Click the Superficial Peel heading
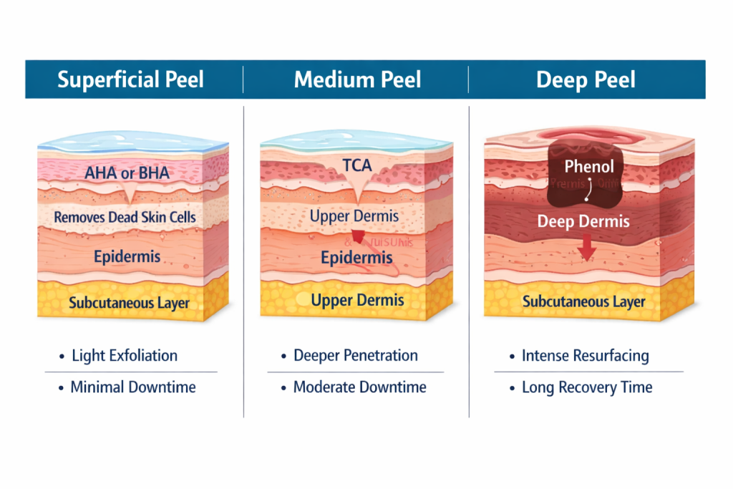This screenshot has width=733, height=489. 130,79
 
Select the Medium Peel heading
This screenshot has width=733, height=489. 357,79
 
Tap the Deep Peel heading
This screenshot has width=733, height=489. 586,79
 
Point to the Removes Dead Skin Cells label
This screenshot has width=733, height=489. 125,217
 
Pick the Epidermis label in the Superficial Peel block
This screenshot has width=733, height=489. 127,256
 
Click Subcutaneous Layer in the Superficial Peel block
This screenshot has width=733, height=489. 129,303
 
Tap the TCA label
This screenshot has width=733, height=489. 356,166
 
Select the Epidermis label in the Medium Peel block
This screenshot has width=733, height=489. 356,258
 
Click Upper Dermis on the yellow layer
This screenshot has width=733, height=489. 357,300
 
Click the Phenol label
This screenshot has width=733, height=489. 589,167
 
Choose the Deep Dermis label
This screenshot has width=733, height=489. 583,221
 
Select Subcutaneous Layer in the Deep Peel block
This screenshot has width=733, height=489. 583,301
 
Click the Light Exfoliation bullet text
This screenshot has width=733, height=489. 125,356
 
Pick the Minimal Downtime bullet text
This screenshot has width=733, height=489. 132,387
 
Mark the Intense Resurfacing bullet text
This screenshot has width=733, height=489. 585,356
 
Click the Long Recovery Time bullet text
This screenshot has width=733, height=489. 586,387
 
